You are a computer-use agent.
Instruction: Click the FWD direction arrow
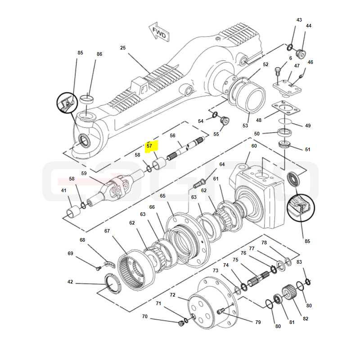(x=159, y=31)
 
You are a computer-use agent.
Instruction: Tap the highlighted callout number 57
(x=149, y=146)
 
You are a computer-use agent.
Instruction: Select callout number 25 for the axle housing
(x=123, y=48)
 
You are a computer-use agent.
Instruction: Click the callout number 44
(x=309, y=26)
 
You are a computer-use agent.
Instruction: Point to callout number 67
(x=107, y=231)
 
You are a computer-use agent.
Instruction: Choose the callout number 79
(x=258, y=322)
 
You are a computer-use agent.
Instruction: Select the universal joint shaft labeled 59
(x=115, y=187)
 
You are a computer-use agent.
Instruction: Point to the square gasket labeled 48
(x=286, y=108)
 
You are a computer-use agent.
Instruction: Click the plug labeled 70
(x=181, y=324)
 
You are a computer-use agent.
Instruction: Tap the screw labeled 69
(x=98, y=268)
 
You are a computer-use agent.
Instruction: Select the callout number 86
(x=99, y=54)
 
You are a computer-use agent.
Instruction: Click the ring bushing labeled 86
(x=87, y=99)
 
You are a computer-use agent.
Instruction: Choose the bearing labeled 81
(x=278, y=299)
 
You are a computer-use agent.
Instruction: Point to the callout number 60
(x=254, y=146)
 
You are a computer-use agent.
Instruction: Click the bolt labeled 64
(x=199, y=184)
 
